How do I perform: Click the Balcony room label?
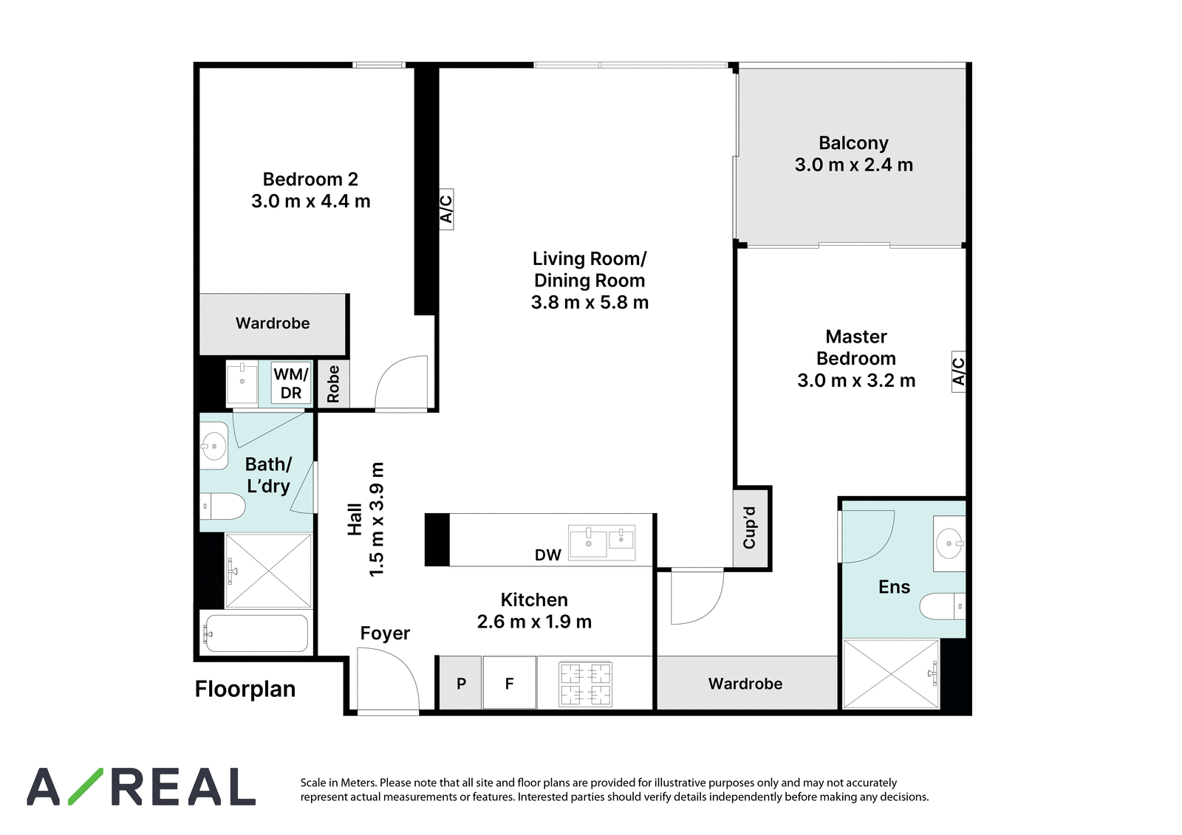click(853, 143)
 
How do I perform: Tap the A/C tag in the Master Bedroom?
click(958, 371)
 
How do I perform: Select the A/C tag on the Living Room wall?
click(446, 209)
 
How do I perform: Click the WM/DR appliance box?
click(291, 383)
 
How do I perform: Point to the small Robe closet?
click(333, 384)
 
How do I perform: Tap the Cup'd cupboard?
click(750, 528)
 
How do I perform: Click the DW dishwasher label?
click(547, 555)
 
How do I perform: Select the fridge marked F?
click(509, 683)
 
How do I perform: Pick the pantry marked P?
click(461, 683)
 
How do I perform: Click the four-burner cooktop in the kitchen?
click(585, 684)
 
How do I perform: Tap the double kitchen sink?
click(601, 542)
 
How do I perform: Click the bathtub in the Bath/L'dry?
click(256, 633)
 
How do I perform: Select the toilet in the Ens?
click(943, 606)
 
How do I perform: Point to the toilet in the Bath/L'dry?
click(222, 506)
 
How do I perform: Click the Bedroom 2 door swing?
click(401, 382)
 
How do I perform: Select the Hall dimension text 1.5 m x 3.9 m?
click(376, 520)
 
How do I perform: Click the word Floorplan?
click(245, 689)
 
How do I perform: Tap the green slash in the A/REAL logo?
click(86, 786)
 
